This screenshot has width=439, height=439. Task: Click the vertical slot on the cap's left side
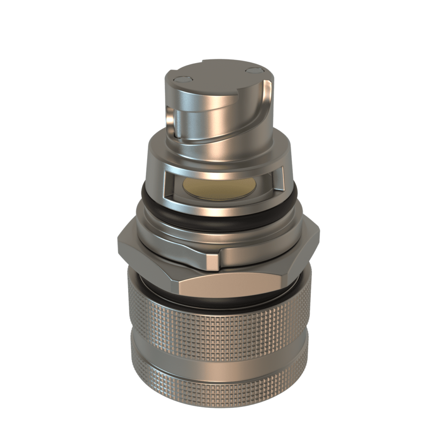[171, 122]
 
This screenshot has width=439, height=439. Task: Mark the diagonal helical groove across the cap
[223, 129]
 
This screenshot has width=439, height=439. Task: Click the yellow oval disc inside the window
[219, 187]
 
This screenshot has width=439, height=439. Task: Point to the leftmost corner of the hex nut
[118, 245]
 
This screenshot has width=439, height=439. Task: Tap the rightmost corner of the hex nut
[319, 234]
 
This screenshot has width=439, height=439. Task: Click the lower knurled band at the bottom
[219, 386]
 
